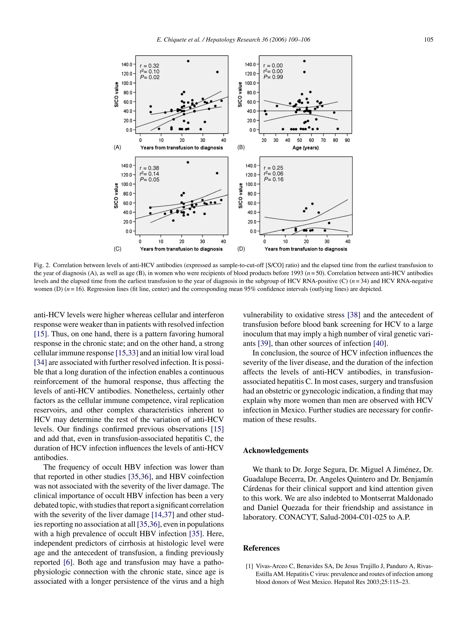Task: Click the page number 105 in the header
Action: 428,40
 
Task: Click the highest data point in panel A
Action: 188,61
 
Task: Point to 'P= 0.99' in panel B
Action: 273,77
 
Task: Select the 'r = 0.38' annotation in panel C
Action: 149,168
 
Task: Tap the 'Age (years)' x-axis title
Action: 305,148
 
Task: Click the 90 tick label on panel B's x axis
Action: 347,140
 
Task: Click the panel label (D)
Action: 241,249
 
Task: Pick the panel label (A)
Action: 117,148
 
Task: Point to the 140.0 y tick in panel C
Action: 127,166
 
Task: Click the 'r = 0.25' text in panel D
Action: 273,168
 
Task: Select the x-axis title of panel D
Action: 306,249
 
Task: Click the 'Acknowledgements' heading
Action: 275,450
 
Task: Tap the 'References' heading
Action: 261,548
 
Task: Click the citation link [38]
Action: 354,315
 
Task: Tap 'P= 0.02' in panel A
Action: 149,77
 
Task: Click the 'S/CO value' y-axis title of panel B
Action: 240,95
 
